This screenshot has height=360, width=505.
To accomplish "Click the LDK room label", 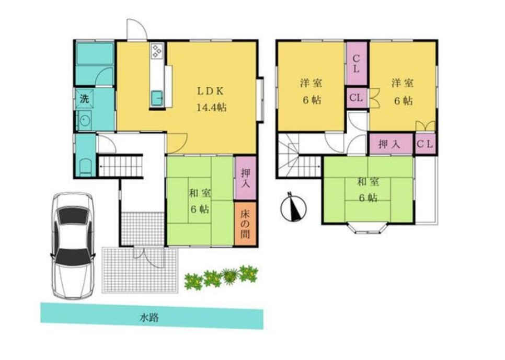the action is (210, 91).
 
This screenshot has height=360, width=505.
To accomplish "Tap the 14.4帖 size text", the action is (211, 107).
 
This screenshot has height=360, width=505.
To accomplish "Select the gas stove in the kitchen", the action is (157, 51).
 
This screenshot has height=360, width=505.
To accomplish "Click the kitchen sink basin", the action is (157, 98).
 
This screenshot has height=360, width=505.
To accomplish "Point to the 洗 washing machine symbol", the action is (85, 99).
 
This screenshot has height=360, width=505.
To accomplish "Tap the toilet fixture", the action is (85, 167).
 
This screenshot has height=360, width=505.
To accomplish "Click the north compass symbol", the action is (293, 207).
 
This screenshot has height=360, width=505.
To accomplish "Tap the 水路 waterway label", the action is (149, 318).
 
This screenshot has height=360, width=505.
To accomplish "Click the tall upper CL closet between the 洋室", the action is (356, 64).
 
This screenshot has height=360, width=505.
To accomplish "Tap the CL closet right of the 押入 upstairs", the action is (425, 144).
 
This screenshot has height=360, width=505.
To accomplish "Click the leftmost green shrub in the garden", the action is (193, 281).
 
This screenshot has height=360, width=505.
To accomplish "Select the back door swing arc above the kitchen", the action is (137, 29).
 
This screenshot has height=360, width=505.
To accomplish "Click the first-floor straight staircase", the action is (120, 166).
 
